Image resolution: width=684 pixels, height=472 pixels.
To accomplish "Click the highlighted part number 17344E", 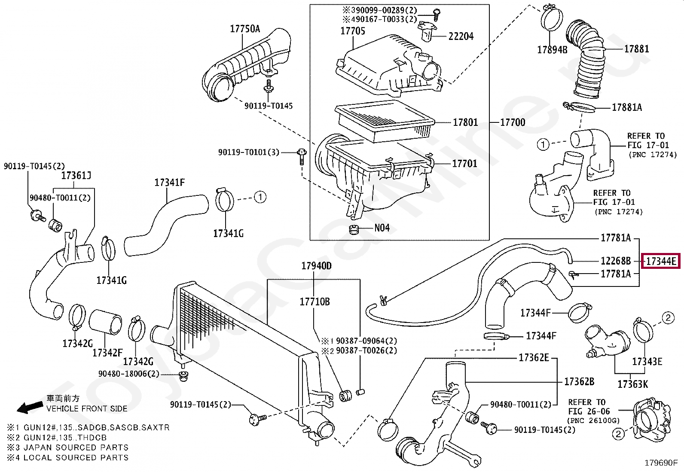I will (x=660, y=261).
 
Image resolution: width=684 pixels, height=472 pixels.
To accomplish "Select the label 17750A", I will (x=245, y=28).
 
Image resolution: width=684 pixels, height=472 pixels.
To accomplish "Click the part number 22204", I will (x=461, y=36).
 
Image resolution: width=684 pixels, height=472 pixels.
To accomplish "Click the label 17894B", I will (x=552, y=50).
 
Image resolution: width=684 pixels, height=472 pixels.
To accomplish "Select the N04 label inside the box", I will (x=382, y=228).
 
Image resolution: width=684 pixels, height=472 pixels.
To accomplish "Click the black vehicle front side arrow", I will (x=30, y=407).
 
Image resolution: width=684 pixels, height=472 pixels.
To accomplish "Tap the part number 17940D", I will (x=316, y=266).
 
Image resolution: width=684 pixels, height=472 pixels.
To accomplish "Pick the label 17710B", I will (x=315, y=302).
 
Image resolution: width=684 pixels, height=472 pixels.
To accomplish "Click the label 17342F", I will (x=107, y=353).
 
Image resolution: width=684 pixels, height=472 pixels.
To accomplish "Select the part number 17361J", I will (x=76, y=176).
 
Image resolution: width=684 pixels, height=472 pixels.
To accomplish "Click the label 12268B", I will (x=615, y=261).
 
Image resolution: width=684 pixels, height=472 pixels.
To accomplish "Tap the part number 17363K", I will (x=632, y=384).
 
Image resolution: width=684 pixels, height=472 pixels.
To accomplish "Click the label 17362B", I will (x=579, y=381).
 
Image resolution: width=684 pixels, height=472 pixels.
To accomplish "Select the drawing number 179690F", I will (x=661, y=463).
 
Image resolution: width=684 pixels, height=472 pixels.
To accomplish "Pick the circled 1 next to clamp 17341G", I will (x=260, y=197).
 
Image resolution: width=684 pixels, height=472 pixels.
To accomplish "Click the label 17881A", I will (x=627, y=107).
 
